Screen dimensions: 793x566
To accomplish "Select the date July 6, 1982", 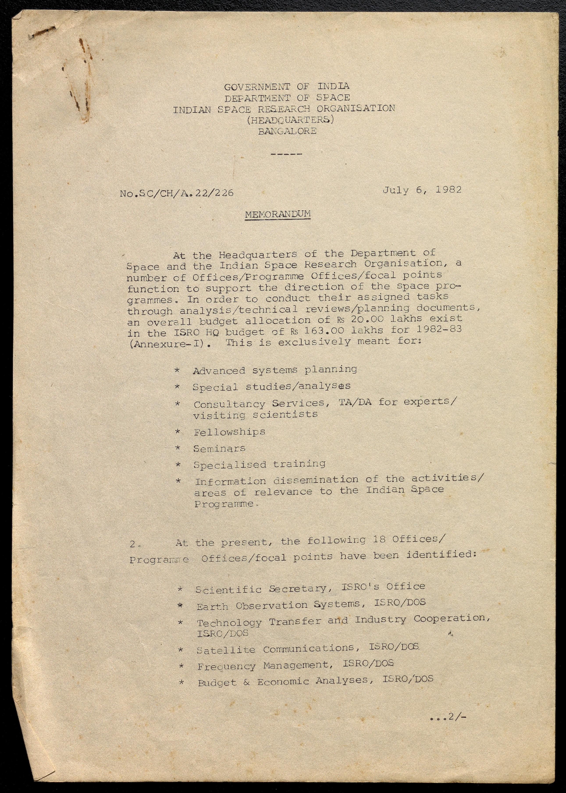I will point(422,190).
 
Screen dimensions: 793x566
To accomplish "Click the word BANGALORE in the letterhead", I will point(287,131).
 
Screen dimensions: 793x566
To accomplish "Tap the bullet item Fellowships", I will point(229,432).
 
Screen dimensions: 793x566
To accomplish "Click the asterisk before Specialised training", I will point(178,465).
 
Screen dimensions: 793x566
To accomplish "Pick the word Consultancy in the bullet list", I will point(229,404).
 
